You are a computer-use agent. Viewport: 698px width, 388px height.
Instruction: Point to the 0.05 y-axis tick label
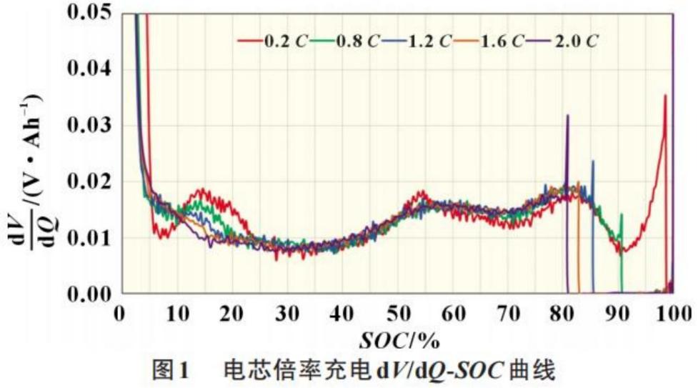point(89,12)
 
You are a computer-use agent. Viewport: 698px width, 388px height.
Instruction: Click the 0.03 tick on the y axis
point(89,126)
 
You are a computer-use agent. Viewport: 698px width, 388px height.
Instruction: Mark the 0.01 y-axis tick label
point(89,237)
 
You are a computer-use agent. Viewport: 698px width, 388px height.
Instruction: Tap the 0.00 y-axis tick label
point(89,293)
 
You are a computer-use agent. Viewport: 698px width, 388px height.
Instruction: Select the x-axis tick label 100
point(672,313)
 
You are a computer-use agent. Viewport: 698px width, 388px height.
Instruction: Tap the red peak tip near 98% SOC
point(665,95)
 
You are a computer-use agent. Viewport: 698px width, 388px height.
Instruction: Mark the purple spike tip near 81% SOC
point(568,114)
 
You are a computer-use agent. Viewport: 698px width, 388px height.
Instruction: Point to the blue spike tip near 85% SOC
point(593,161)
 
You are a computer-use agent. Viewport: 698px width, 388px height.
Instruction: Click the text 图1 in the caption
point(171,370)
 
